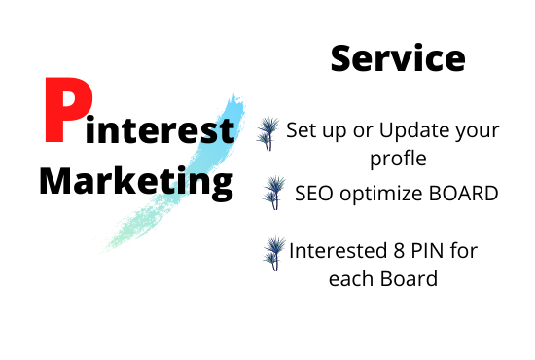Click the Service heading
pyautogui.click(x=398, y=58)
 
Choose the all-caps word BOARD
pyautogui.click(x=464, y=193)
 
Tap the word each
pyautogui.click(x=356, y=278)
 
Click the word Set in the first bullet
pyautogui.click(x=303, y=129)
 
